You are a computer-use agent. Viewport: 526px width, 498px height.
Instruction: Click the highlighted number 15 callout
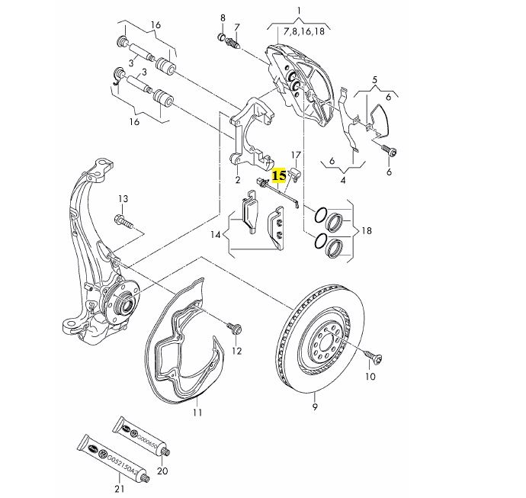coord(279,176)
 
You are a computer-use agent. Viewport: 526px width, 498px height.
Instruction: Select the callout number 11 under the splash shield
coord(197,412)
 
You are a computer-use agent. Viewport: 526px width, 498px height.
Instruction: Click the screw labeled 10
coord(373,356)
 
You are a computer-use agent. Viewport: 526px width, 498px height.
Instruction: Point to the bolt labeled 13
coord(123,220)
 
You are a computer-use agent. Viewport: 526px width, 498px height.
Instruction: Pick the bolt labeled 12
coord(235,327)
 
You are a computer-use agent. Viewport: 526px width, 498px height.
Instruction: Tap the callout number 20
coord(162,471)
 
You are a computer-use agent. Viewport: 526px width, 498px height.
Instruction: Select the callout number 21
coord(119,489)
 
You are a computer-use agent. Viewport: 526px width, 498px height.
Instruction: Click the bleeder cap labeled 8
coord(221,37)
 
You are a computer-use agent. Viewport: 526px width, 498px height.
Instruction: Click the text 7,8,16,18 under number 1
coord(304,31)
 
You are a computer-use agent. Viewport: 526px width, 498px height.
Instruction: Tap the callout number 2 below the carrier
coord(238,180)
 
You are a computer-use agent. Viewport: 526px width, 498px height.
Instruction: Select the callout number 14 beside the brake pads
coord(216,235)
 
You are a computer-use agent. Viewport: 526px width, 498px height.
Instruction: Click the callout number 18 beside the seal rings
coord(367,230)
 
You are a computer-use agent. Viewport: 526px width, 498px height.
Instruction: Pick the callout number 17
coord(296,155)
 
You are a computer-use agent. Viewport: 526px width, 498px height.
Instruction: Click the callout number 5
coord(375,80)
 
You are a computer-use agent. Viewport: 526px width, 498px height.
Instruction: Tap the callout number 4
coord(343,180)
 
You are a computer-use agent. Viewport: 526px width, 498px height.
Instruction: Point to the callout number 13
coord(123,198)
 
